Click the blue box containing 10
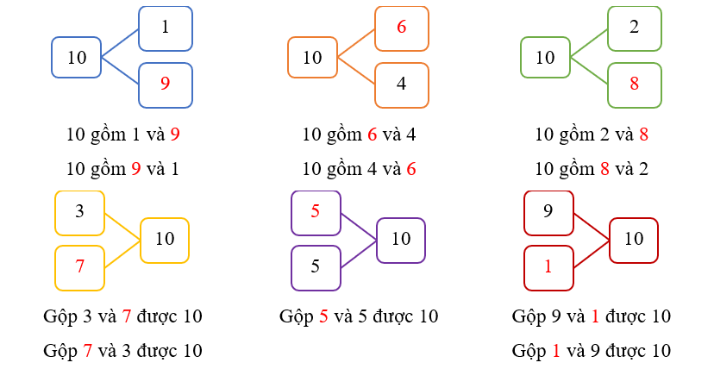pyautogui.click(x=77, y=58)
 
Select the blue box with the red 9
pyautogui.click(x=165, y=84)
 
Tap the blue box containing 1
pyautogui.click(x=165, y=28)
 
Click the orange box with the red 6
pyautogui.click(x=401, y=28)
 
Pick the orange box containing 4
pyautogui.click(x=401, y=84)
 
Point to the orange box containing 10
pyautogui.click(x=312, y=58)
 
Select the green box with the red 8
pyautogui.click(x=635, y=84)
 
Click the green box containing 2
pyautogui.click(x=635, y=28)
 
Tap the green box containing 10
pyautogui.click(x=545, y=58)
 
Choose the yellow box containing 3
pyautogui.click(x=79, y=212)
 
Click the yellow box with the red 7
pyautogui.click(x=79, y=267)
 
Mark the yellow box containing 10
pyautogui.click(x=164, y=240)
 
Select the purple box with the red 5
pyautogui.click(x=316, y=212)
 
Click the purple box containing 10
pyautogui.click(x=400, y=240)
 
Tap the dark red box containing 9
pyautogui.click(x=548, y=212)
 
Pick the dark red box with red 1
pyautogui.click(x=548, y=267)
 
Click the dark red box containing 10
pyautogui.click(x=634, y=240)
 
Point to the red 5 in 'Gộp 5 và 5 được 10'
pyautogui.click(x=324, y=316)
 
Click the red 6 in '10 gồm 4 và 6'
pyautogui.click(x=411, y=169)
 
